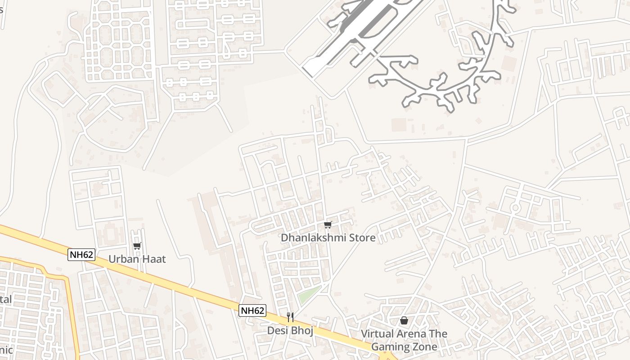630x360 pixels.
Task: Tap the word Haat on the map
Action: click(153, 259)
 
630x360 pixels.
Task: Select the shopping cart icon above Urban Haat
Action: click(137, 246)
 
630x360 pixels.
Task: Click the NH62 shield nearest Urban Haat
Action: click(81, 255)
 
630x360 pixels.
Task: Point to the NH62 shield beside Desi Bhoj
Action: click(252, 310)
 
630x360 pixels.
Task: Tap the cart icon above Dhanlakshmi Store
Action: click(328, 225)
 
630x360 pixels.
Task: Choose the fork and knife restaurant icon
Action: click(290, 317)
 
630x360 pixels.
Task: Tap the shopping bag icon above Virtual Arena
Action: click(404, 320)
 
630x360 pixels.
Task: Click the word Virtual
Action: click(378, 334)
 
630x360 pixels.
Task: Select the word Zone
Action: click(425, 347)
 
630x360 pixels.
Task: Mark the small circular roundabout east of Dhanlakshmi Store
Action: click(515, 208)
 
